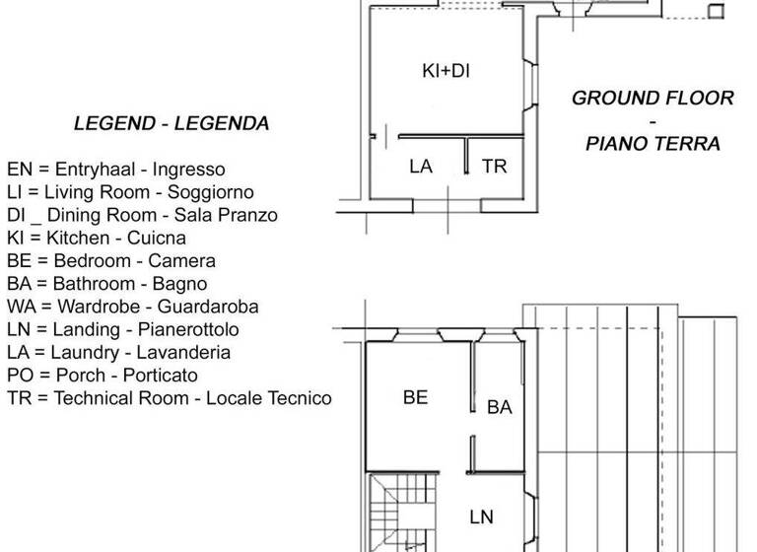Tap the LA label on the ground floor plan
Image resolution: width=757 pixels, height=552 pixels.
pos(421,167)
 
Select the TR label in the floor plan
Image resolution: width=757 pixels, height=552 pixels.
pos(495,167)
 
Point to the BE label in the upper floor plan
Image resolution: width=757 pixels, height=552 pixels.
pos(416,398)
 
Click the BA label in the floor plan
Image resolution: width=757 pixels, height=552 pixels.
pos(500,407)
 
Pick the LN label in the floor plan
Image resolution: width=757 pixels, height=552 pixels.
pos(481,517)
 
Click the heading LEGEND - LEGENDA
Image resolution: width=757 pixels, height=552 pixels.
pos(172,124)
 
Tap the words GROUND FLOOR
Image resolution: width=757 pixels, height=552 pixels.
pos(653,99)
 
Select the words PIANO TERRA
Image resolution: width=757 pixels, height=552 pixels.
pos(653,144)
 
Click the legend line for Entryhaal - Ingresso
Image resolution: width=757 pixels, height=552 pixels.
pos(116,170)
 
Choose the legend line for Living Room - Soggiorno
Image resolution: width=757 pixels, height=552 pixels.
pos(130,192)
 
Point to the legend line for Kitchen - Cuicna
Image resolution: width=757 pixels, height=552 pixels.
pos(97,238)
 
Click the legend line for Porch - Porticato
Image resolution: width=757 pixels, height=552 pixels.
pos(103,376)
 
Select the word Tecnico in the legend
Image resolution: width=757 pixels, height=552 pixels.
pos(299,398)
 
